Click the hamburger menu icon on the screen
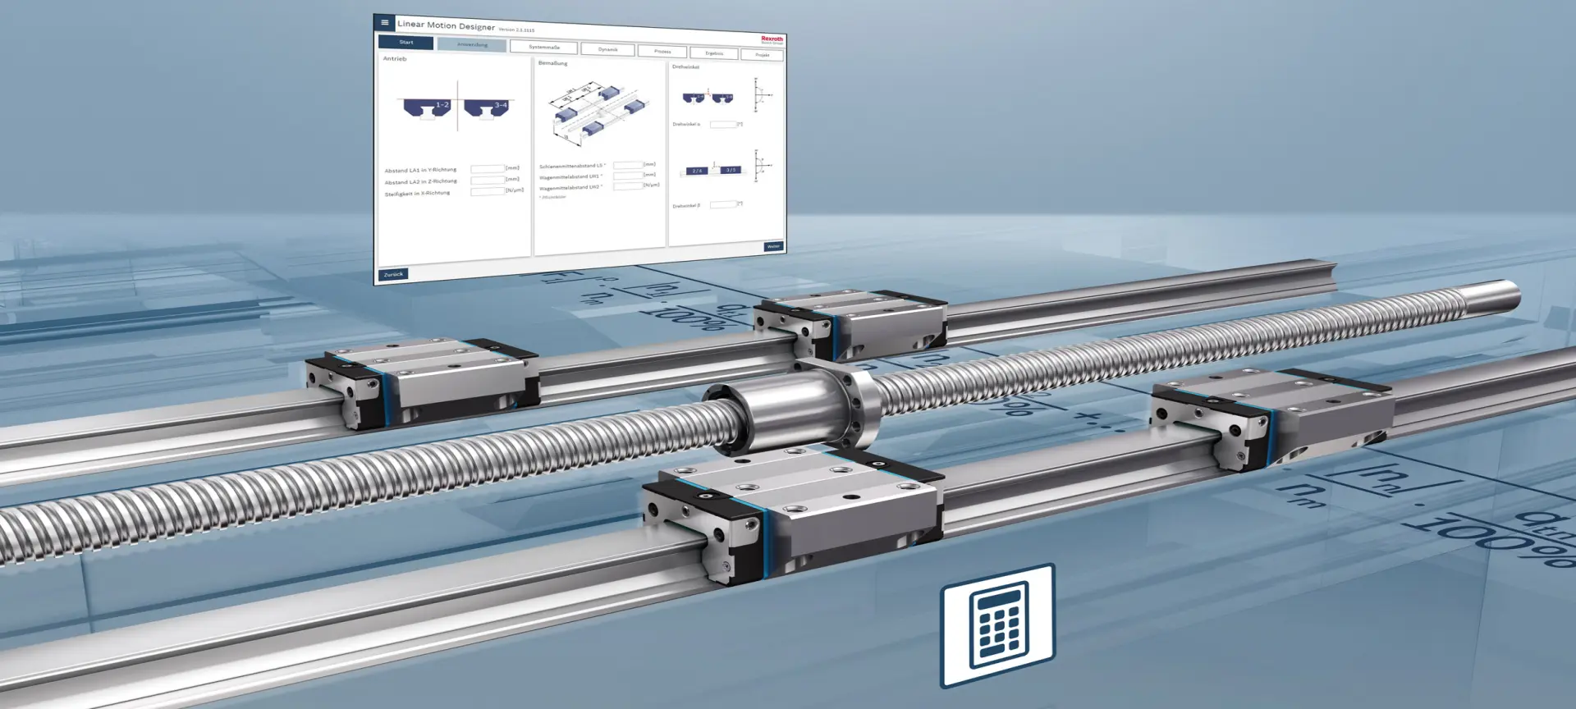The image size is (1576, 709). (384, 22)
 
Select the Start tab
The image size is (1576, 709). (405, 42)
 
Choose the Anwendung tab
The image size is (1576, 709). (472, 44)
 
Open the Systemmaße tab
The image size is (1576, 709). (543, 47)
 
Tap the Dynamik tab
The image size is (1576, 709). (607, 49)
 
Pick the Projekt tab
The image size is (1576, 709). (762, 55)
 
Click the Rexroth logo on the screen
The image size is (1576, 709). (772, 39)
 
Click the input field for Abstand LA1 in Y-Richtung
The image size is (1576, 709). (488, 168)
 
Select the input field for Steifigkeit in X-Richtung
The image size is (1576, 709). (488, 191)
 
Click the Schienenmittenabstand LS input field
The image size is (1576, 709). (628, 165)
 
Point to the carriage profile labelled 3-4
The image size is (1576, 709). (488, 108)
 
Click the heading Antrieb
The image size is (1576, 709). (395, 59)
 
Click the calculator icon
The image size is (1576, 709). (997, 625)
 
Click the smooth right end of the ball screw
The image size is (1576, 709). (1486, 295)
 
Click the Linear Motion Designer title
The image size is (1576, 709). (446, 25)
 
